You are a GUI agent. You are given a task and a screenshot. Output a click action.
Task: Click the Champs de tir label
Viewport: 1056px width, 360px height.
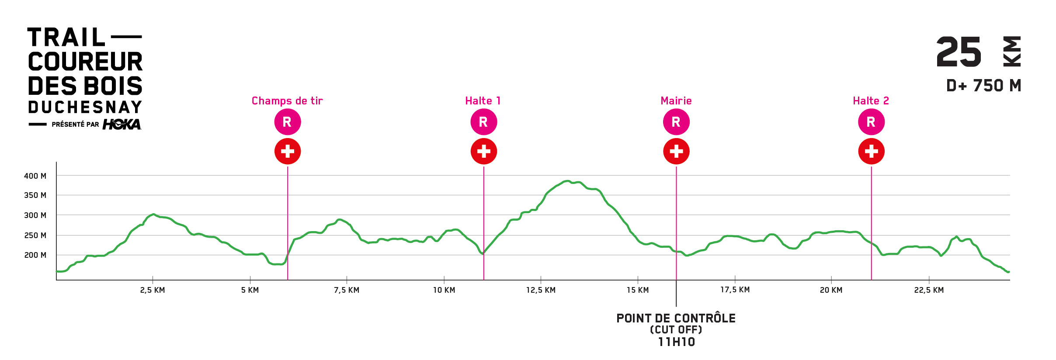coord(287,101)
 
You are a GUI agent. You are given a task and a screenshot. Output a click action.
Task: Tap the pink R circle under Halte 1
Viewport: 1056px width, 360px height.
coord(483,122)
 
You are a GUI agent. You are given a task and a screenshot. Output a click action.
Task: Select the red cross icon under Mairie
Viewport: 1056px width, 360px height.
coord(676,151)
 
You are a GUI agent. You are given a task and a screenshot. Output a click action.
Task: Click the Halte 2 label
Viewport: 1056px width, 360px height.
coord(871,101)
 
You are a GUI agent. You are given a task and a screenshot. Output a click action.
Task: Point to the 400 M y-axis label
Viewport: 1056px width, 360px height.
coord(35,176)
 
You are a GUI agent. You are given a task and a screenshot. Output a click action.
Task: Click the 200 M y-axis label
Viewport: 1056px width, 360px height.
coord(35,255)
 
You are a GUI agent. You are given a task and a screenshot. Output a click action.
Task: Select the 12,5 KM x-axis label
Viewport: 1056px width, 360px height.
coord(541,290)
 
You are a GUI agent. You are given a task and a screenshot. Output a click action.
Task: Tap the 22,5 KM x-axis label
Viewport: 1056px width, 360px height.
coord(929,290)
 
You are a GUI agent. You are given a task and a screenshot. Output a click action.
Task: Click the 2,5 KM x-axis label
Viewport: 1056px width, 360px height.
coord(153,290)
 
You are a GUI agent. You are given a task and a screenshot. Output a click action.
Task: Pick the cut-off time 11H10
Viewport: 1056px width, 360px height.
coord(676,342)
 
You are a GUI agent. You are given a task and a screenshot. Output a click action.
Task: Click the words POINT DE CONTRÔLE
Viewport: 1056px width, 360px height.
coord(676,318)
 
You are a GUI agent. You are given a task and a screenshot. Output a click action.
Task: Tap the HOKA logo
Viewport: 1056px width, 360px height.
coord(122,125)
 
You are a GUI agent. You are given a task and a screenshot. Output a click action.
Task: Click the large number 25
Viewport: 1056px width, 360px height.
coord(959,52)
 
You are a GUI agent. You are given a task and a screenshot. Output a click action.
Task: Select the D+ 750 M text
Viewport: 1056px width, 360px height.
coord(983,86)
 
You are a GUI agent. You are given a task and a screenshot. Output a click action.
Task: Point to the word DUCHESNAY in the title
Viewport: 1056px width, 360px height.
coord(85,107)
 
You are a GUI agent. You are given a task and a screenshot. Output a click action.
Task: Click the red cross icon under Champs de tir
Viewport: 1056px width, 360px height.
coord(287,151)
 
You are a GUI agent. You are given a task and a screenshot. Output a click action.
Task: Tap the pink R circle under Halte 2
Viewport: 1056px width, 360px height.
coord(871,122)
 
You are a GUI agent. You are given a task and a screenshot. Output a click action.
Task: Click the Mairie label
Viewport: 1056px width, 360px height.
coord(676,101)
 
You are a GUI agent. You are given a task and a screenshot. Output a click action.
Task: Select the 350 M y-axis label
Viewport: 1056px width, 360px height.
coord(35,195)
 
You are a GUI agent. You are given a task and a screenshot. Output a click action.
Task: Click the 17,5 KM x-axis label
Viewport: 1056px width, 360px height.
coord(735,290)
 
